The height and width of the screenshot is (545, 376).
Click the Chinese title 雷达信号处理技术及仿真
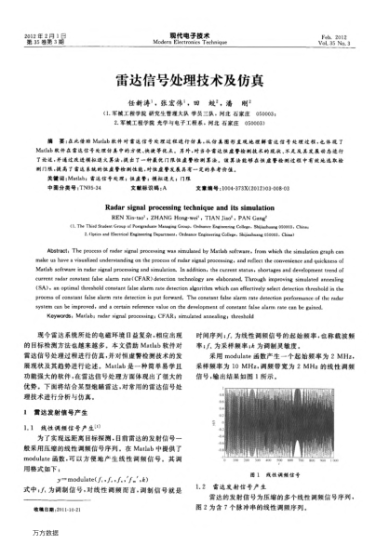pos(187,81)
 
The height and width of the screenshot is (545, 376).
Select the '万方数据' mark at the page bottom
pos(36,535)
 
